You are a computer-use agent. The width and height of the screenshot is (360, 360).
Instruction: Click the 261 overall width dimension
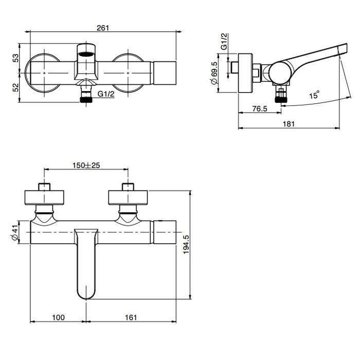[103, 28]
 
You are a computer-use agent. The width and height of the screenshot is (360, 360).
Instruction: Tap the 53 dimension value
[16, 58]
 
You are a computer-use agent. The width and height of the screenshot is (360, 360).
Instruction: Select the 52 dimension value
[16, 88]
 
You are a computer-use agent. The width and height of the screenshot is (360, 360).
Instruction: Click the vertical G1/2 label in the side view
[224, 40]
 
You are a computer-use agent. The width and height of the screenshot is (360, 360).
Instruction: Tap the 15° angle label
[314, 95]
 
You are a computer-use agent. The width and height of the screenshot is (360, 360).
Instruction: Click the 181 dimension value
[289, 124]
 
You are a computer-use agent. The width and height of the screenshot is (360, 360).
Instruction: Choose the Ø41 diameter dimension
[15, 232]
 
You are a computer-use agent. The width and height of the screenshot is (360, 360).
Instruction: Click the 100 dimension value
[58, 318]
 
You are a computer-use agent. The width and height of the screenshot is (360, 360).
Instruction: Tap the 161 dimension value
[131, 318]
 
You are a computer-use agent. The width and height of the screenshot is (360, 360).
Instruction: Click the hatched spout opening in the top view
[86, 51]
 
